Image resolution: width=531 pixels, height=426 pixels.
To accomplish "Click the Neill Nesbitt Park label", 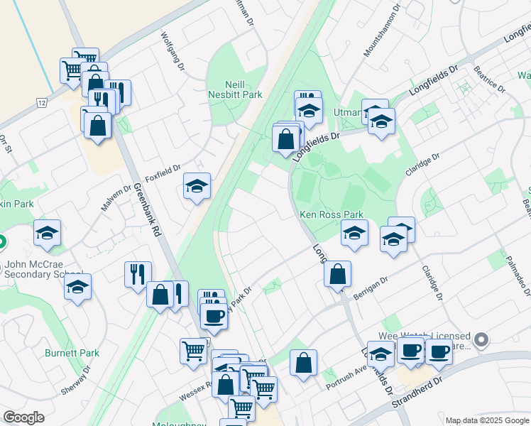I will tap(235, 89).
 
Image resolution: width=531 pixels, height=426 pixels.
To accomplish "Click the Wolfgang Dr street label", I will tap(172, 50).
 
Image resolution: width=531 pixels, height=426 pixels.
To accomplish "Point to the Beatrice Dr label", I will tap(489, 80).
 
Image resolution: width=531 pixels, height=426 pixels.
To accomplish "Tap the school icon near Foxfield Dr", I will tap(197, 187).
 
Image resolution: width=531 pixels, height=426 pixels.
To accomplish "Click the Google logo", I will tap(24, 417).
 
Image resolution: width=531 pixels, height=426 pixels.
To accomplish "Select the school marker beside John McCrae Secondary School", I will tap(78, 288).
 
